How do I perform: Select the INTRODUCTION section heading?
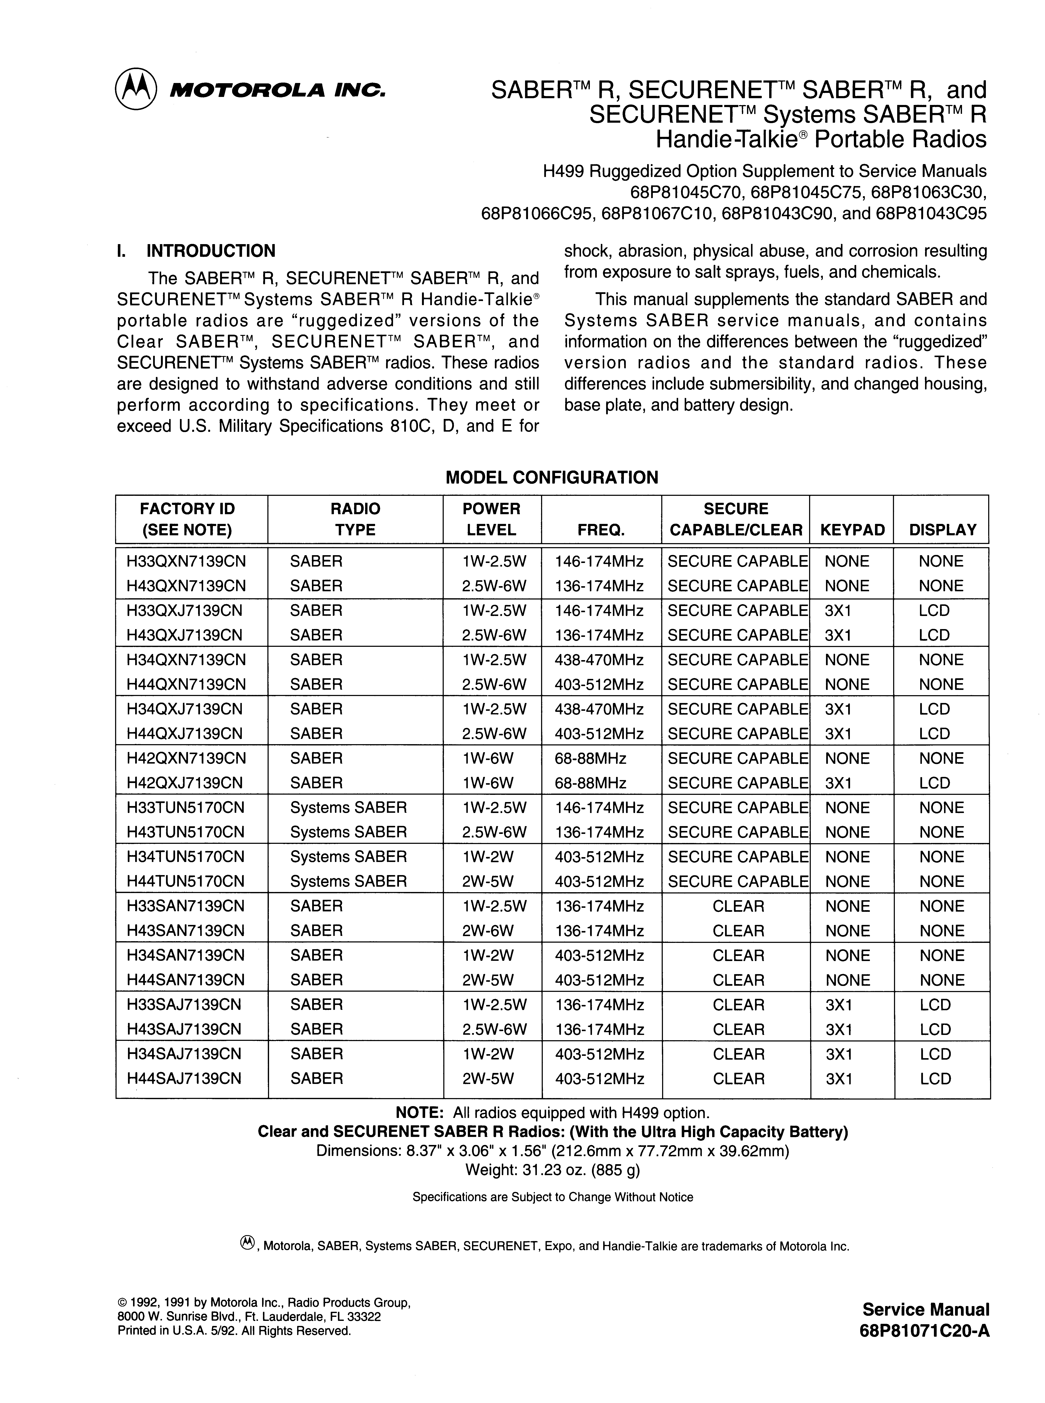[211, 251]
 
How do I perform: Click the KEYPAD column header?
[852, 530]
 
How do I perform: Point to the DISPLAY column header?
[943, 530]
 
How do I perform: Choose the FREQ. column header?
[601, 530]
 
